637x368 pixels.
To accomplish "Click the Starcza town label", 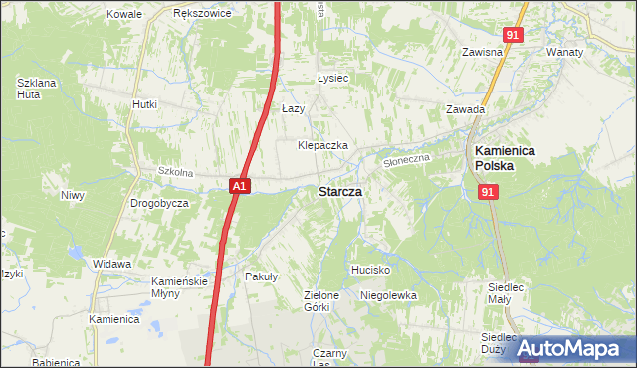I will click(339, 191).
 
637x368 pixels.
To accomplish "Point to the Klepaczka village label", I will click(322, 145).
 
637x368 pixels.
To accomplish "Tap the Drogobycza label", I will click(159, 203).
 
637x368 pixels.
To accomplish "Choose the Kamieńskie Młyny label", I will click(179, 287).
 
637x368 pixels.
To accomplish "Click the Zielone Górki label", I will click(322, 301).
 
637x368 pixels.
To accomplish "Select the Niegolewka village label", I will click(388, 295).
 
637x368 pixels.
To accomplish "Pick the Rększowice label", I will click(202, 14).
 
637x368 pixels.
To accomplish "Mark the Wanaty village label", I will click(564, 51).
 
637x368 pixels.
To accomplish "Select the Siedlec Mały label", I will click(508, 293).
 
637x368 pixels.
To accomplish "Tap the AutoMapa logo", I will click(569, 348).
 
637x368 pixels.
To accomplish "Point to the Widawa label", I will click(112, 264).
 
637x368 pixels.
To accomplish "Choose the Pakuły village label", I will click(261, 277).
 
